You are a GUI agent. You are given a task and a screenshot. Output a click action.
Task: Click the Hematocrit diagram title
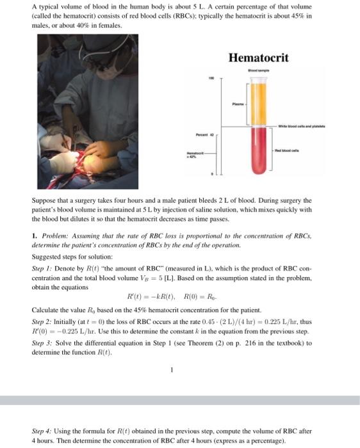point(259,58)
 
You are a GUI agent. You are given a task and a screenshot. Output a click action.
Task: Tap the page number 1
point(172,369)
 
